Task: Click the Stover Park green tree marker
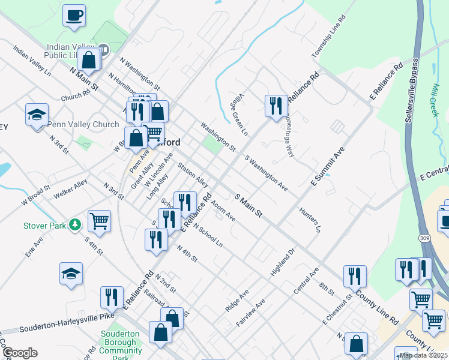coord(75,225)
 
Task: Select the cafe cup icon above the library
coord(74,15)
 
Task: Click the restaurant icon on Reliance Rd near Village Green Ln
coord(276,106)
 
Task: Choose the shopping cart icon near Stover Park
coord(99,220)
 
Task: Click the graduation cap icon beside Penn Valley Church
coord(37,114)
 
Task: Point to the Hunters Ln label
coord(309,220)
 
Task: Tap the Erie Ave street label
coord(34,247)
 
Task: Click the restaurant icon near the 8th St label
coord(355,275)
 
